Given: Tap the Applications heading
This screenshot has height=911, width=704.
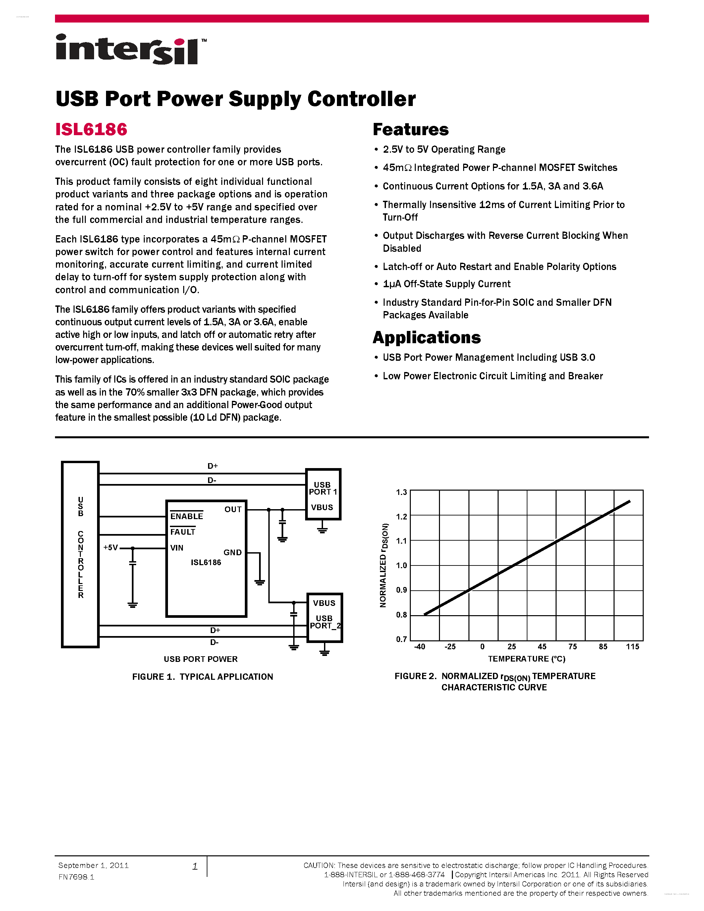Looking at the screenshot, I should tap(427, 338).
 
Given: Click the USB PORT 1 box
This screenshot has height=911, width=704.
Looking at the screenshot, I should tap(323, 494).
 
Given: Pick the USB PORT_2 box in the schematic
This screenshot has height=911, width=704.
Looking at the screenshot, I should tap(324, 618).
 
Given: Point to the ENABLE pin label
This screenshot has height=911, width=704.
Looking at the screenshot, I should tap(187, 516).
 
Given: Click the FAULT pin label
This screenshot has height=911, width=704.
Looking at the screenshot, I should tap(183, 532).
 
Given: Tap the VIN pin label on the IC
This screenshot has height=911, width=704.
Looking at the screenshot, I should tap(177, 548).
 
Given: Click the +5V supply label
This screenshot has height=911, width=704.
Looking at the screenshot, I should tap(111, 548).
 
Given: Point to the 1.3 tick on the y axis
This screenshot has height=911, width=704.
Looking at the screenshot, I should tap(401, 492).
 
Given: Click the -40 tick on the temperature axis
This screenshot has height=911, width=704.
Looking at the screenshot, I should tap(419, 647).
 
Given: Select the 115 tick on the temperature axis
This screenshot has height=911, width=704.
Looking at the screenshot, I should tap(632, 647).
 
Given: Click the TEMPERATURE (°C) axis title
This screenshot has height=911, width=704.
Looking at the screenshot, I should tap(527, 659).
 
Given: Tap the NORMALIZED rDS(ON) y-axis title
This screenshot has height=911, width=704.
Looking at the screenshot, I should tap(384, 565).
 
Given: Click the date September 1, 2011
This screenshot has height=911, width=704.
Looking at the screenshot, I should tap(93, 866).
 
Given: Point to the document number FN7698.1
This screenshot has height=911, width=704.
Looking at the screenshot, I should tap(76, 877).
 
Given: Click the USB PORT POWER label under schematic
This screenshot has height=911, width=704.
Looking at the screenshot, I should tap(201, 659).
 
